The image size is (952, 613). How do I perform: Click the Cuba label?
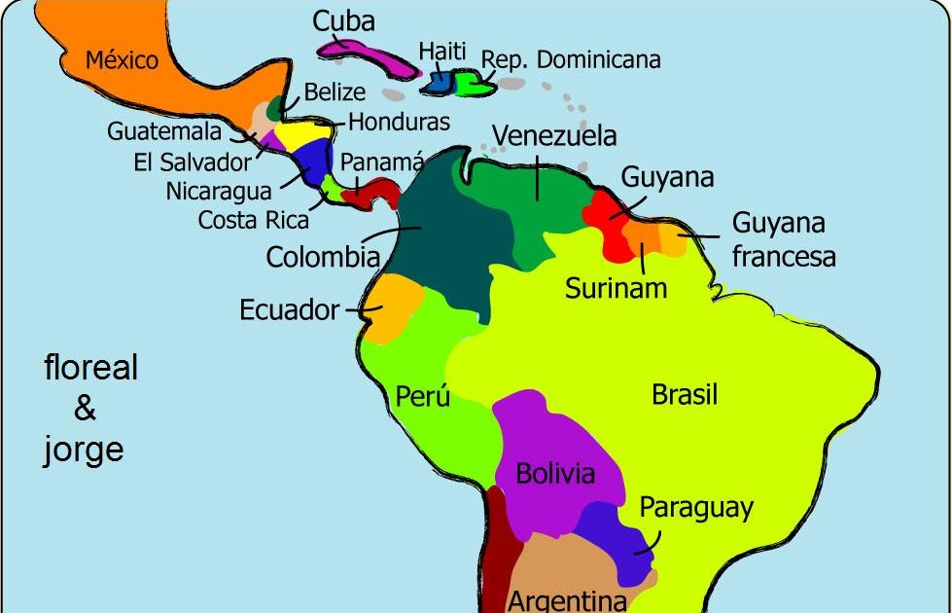343,21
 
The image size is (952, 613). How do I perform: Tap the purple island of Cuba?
365,54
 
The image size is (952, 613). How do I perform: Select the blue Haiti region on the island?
438,82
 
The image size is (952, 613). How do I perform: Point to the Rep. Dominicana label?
571,60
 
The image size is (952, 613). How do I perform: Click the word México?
122,60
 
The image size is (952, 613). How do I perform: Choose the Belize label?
335,92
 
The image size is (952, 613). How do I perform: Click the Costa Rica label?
254,220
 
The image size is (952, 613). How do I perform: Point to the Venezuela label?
553,135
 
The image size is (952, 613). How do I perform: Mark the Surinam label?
617,288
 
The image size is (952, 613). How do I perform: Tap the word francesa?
784,257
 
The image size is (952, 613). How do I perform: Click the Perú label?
422,397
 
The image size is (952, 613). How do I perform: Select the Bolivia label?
555,474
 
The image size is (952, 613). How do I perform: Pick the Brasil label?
685,394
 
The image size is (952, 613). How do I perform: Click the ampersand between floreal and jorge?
85,410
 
